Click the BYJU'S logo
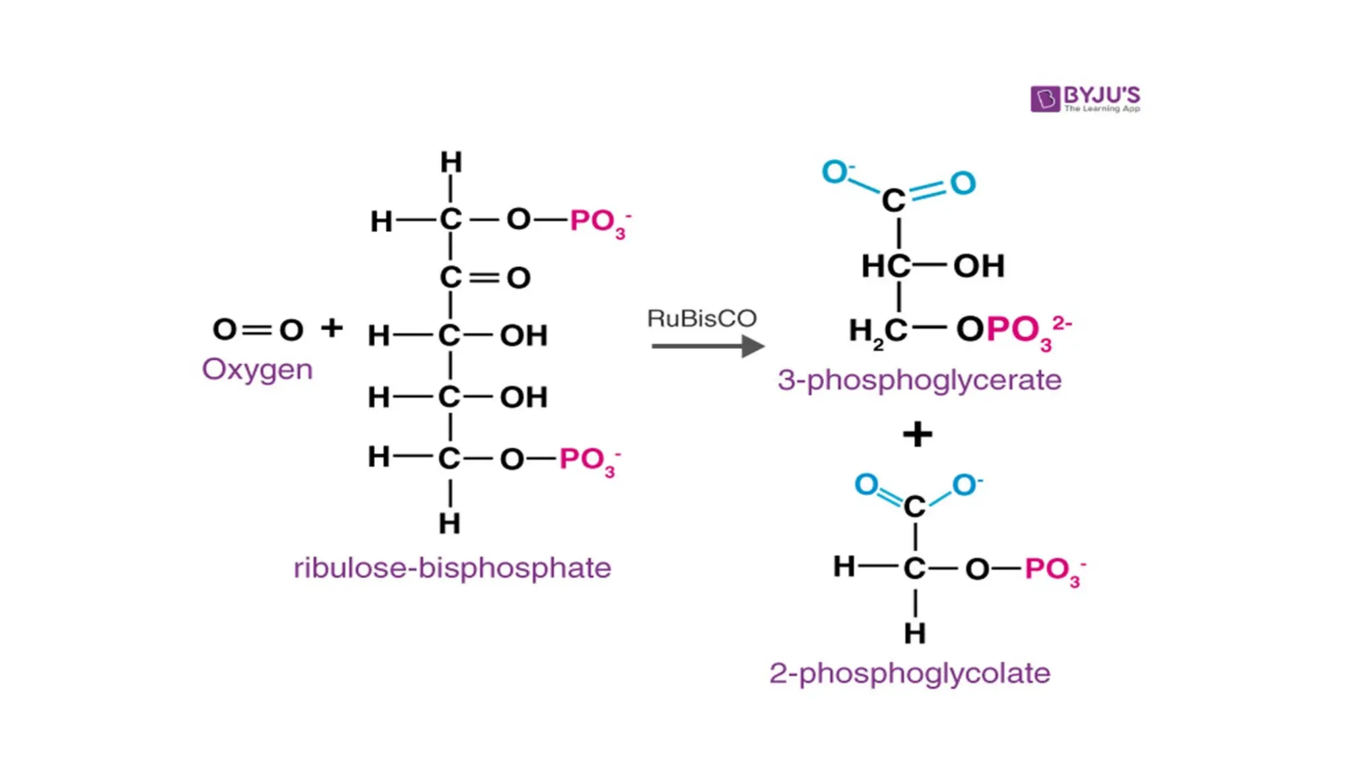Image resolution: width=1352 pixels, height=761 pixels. click(1085, 99)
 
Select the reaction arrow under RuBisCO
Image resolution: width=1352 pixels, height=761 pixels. click(707, 345)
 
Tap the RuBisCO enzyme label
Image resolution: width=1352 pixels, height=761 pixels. click(701, 318)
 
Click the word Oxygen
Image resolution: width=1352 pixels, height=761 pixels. click(257, 370)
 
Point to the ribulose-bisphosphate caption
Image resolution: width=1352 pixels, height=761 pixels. click(452, 568)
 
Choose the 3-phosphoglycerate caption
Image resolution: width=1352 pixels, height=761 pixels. click(919, 380)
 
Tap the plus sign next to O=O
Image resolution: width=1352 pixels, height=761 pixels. click(331, 328)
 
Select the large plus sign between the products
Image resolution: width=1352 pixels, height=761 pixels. click(917, 435)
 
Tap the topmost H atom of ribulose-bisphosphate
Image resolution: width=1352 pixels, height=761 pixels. click(451, 163)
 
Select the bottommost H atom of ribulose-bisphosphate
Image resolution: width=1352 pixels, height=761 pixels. click(450, 524)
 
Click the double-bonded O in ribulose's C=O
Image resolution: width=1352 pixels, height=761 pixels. click(519, 278)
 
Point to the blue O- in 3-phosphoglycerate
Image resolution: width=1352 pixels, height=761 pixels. click(836, 172)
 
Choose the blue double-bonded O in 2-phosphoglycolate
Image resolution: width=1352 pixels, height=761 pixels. click(866, 485)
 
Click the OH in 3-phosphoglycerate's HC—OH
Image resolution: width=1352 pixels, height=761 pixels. click(979, 266)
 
